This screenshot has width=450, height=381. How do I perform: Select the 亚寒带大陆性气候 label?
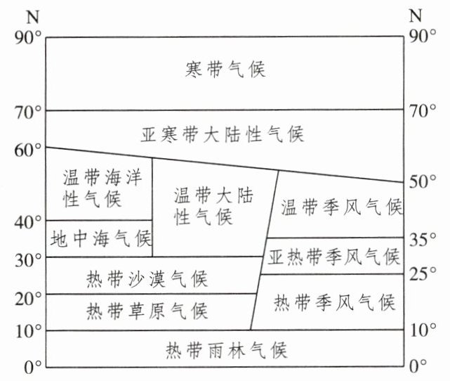click(x=223, y=134)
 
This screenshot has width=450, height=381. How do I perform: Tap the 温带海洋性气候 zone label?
click(x=98, y=188)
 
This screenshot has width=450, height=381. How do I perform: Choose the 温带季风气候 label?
click(x=340, y=207)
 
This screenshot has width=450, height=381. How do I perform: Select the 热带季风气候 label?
click(x=334, y=303)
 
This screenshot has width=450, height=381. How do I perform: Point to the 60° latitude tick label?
click(x=28, y=148)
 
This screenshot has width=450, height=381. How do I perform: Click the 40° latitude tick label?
click(x=28, y=221)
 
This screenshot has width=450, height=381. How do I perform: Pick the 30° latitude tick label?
click(x=28, y=259)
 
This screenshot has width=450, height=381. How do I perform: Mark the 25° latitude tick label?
click(x=424, y=273)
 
